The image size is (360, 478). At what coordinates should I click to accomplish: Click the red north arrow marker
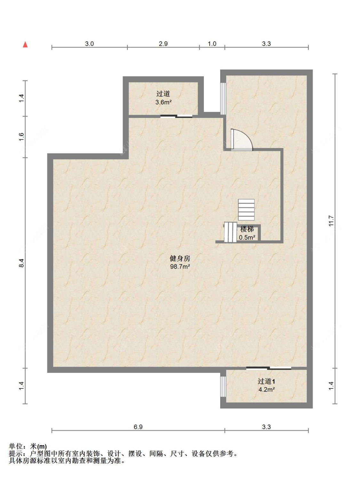(25, 44)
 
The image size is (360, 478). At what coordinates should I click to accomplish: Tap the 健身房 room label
(180, 258)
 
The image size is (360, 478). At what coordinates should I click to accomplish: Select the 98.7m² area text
(180, 267)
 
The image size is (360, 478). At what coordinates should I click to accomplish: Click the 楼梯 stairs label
(247, 229)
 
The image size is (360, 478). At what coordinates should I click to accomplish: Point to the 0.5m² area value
(247, 238)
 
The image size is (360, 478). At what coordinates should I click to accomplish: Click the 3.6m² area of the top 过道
(164, 102)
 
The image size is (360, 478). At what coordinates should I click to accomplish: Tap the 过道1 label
(266, 381)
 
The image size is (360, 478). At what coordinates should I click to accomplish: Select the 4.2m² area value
(266, 389)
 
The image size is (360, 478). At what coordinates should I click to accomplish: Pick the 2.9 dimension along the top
(163, 44)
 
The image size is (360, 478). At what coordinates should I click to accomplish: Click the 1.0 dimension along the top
(212, 44)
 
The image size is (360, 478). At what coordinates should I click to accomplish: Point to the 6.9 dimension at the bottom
(138, 427)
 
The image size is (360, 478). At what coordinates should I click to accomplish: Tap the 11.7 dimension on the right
(331, 221)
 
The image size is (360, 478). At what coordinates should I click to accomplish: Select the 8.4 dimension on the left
(21, 263)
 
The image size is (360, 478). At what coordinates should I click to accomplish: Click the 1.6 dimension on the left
(21, 137)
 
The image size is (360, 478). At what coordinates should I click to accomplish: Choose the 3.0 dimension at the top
(89, 44)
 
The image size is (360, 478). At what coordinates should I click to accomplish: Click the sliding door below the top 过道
(176, 116)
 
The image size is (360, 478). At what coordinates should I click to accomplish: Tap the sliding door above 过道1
(268, 368)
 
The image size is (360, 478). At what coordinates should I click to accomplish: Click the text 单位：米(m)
(28, 447)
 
